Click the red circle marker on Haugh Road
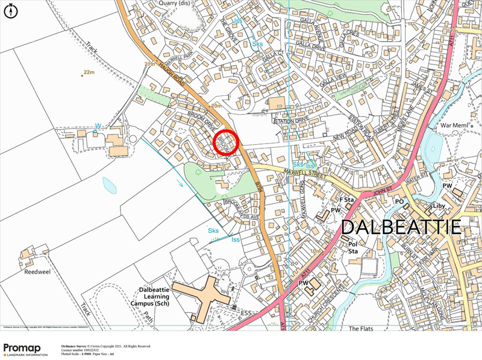(227, 142)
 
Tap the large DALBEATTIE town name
(402, 227)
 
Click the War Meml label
(455, 125)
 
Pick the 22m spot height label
(89, 72)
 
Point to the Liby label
(439, 206)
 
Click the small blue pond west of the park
(110, 185)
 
